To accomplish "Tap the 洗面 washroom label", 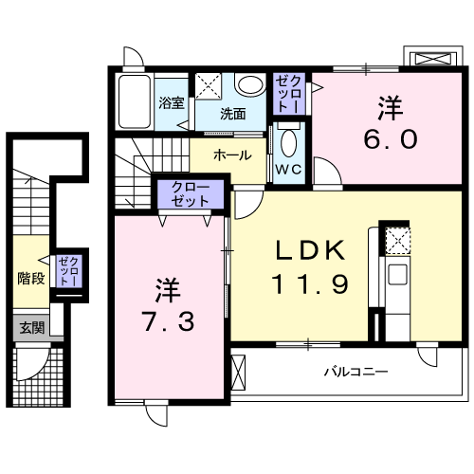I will [233, 114].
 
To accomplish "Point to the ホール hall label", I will [232, 155].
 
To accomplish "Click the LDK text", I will [302, 251].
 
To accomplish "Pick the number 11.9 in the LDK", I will [303, 283].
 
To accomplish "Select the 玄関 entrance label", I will [31, 328].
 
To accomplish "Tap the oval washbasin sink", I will [249, 86].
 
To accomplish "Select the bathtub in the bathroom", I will [134, 101].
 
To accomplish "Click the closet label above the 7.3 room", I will [191, 195].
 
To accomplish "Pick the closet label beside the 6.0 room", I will [288, 94].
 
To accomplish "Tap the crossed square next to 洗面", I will [207, 84].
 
